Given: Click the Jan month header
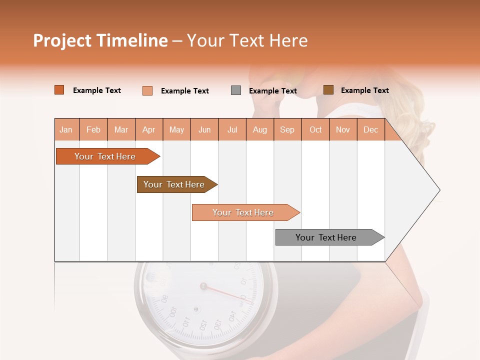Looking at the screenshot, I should (66, 129).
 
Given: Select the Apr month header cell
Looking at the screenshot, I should (149, 129).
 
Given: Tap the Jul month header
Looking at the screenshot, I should (232, 129).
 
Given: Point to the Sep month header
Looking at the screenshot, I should (287, 129).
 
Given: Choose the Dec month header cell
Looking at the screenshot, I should (370, 129).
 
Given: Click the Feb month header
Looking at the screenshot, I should (93, 129).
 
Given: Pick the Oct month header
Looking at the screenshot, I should (315, 129).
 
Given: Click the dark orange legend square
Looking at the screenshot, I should (59, 90).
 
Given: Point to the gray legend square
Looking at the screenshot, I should (236, 90).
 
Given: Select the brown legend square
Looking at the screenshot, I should (328, 90).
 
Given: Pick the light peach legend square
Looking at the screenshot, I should (147, 90).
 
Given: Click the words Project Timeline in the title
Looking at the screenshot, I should (100, 40).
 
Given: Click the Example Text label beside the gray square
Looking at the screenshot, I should (272, 91).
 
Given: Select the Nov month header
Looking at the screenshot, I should (343, 129).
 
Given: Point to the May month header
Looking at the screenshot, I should (176, 129).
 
